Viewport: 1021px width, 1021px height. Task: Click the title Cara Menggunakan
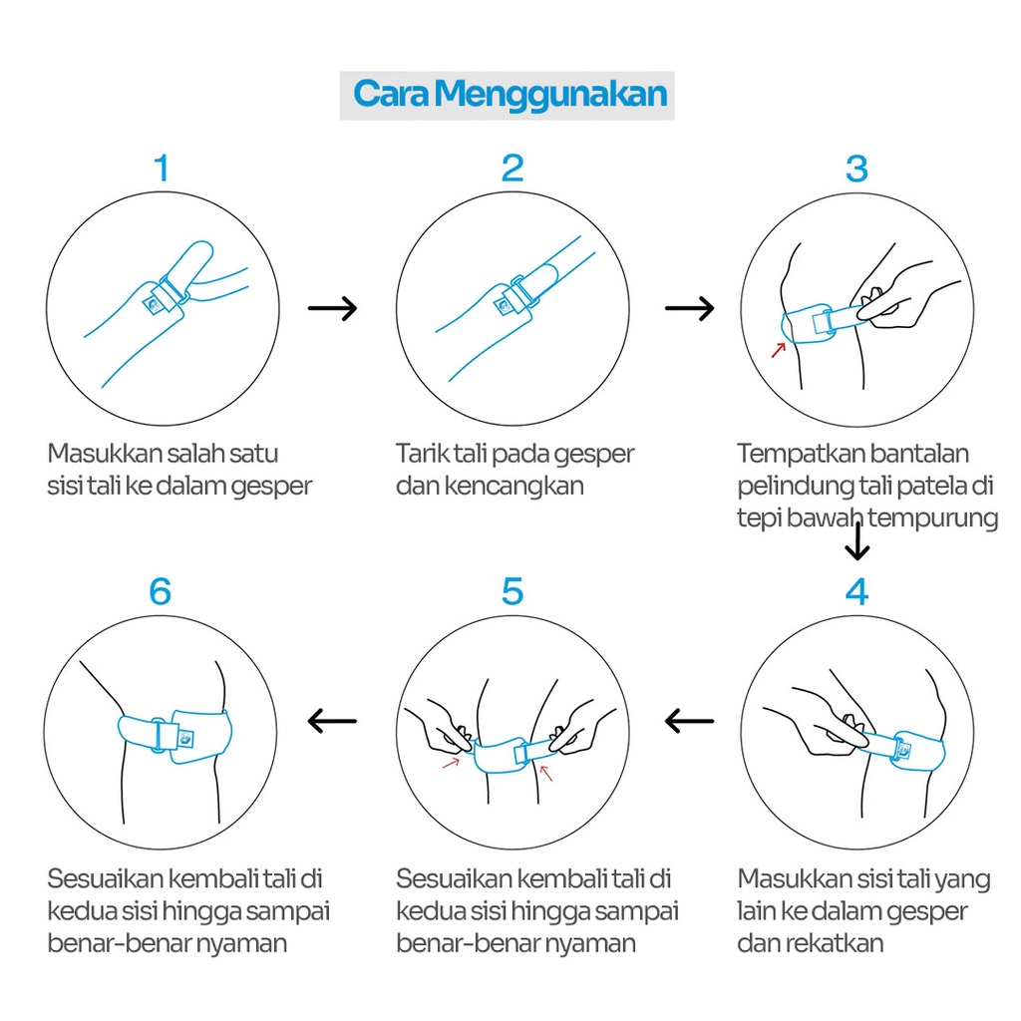tap(510, 95)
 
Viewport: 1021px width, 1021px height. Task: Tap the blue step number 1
tap(162, 168)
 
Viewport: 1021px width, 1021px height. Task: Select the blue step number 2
tap(512, 168)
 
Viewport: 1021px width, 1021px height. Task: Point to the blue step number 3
tap(856, 168)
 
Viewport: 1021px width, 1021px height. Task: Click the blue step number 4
tap(856, 591)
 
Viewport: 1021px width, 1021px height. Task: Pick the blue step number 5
tap(512, 591)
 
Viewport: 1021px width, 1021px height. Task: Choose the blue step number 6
tap(161, 591)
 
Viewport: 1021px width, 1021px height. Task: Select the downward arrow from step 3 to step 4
tap(856, 541)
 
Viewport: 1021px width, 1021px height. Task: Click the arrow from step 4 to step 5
tap(690, 721)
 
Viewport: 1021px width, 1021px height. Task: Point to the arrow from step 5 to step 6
tap(332, 721)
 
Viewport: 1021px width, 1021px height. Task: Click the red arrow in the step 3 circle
tap(779, 350)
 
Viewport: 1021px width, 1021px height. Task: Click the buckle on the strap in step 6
tap(158, 735)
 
